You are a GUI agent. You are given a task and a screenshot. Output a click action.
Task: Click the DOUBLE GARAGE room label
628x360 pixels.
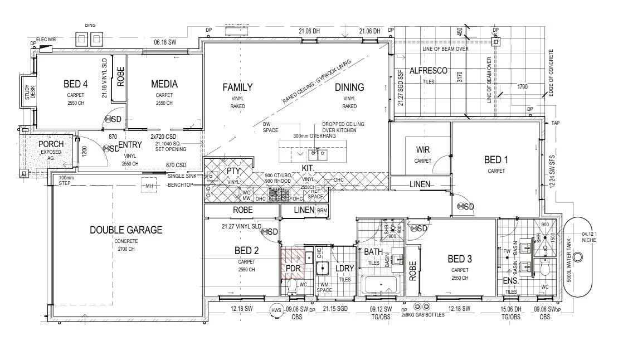coord(126,230)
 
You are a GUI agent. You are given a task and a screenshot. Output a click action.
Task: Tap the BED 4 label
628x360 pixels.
coord(75,85)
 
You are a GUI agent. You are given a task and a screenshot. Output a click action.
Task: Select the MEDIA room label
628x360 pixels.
coord(164,84)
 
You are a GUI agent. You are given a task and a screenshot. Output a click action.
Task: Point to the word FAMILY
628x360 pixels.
coord(237,87)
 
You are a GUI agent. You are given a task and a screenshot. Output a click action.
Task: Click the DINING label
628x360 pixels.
coord(349,87)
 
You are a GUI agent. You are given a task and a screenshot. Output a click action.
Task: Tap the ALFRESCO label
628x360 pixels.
coord(429,71)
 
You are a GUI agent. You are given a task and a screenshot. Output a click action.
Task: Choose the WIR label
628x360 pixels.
coord(423,150)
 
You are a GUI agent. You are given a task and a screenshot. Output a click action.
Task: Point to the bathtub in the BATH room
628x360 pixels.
coord(381,286)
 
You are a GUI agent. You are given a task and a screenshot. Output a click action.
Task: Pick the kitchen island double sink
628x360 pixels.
coord(318,152)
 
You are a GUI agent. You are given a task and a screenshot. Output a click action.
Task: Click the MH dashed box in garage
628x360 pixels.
coord(149,186)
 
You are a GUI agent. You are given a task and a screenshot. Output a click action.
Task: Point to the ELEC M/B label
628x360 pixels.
coord(47,40)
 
